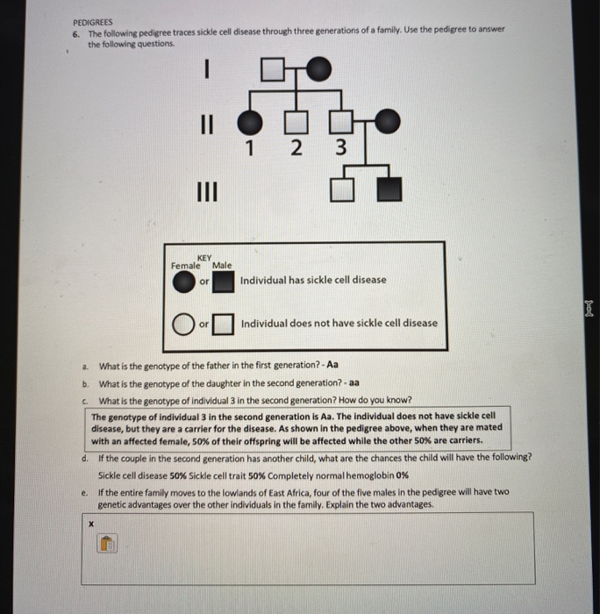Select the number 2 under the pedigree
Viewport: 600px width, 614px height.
pos(297,146)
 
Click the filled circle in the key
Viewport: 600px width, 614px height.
pos(182,282)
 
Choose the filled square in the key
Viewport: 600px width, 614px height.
pos(225,282)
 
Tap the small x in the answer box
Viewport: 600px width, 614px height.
pos(89,523)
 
